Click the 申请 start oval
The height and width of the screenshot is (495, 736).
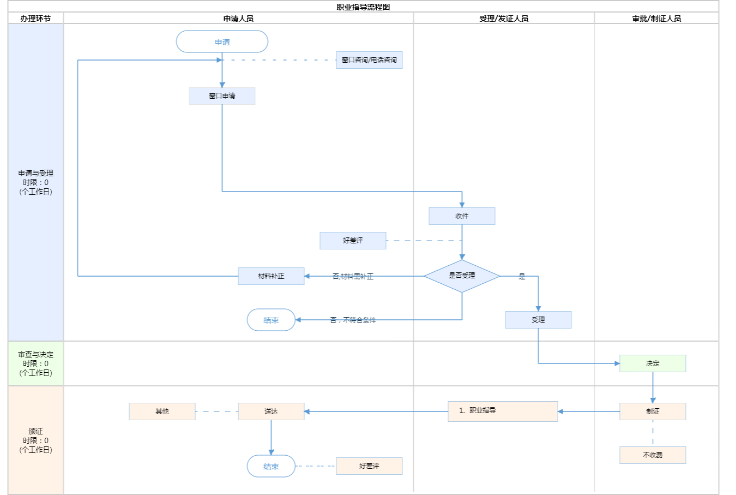[x=222, y=42]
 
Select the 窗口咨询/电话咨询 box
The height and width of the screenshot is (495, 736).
[x=369, y=60]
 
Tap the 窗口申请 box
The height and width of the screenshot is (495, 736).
[x=222, y=96]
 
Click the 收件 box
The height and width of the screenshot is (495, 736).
[x=462, y=216]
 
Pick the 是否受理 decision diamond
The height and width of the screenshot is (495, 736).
[x=462, y=276]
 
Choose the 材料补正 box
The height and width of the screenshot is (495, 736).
[x=271, y=276]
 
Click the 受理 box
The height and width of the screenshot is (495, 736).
[x=538, y=320]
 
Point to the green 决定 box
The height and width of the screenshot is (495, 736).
[x=653, y=363]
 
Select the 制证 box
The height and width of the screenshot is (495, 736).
[x=653, y=411]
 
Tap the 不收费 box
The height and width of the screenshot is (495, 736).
[x=653, y=455]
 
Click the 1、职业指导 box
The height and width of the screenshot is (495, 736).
[x=503, y=411]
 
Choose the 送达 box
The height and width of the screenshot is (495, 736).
[x=271, y=411]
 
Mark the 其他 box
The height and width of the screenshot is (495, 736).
[x=162, y=411]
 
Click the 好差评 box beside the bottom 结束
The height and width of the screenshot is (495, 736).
[x=369, y=466]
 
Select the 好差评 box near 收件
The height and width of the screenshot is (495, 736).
[x=353, y=241]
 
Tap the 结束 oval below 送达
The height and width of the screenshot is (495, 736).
[x=271, y=467]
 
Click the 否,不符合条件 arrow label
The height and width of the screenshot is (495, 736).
[x=353, y=320]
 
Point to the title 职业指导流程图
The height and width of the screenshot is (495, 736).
[x=363, y=7]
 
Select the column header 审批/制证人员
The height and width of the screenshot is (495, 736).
[x=656, y=19]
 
